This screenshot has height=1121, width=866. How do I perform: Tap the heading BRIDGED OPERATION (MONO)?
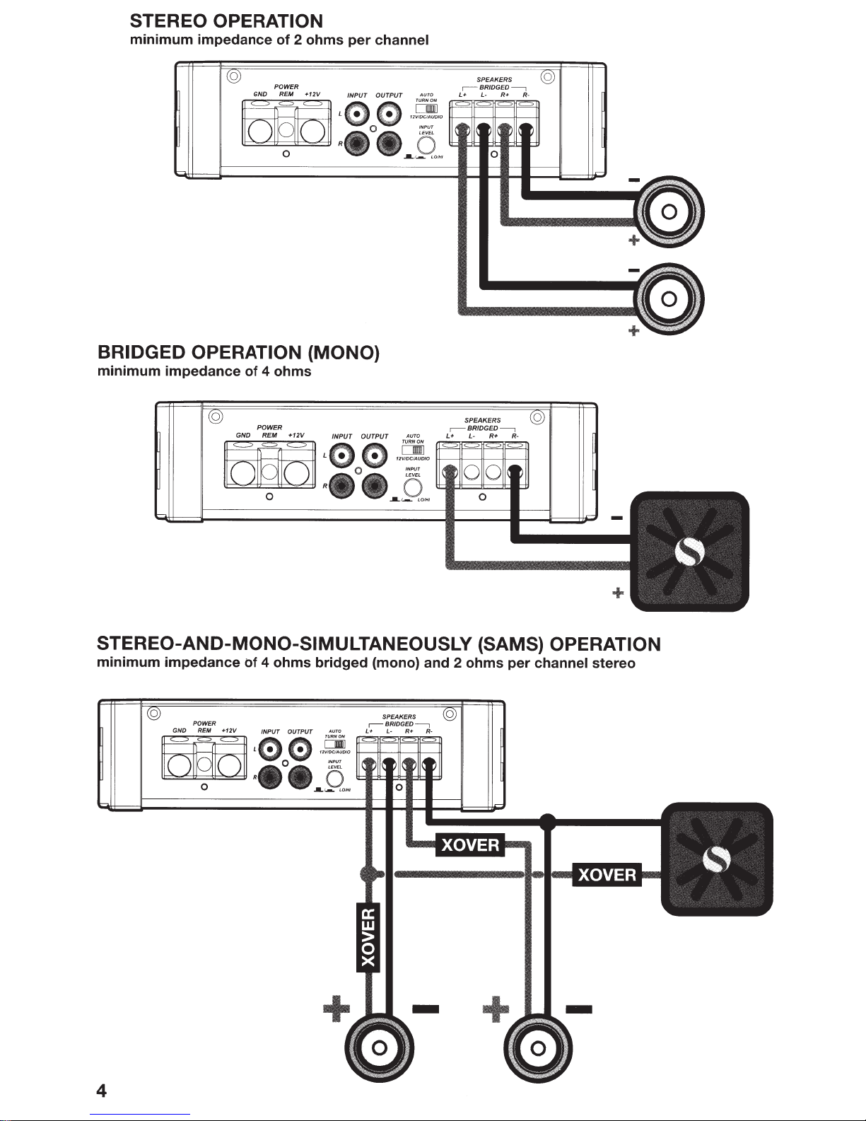239,352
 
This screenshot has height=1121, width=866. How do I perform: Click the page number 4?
102,1091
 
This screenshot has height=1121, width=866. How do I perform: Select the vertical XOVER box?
368,937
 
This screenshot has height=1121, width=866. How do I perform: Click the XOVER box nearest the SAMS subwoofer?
607,875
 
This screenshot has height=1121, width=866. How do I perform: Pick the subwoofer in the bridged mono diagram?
689,551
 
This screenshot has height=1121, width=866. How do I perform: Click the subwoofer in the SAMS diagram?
716,859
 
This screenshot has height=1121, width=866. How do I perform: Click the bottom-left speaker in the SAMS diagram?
378,1047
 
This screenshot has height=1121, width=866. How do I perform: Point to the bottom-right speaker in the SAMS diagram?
537,1047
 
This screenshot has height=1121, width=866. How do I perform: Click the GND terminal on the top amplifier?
260,131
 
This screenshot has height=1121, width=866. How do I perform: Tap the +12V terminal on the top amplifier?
311,131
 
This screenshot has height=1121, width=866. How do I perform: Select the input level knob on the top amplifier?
426,145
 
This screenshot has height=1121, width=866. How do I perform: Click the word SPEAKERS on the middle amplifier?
483,421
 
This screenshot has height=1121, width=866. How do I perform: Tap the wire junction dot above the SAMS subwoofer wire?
546,821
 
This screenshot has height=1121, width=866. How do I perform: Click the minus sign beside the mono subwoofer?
616,518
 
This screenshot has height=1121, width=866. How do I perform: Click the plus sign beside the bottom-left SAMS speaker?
336,1008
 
